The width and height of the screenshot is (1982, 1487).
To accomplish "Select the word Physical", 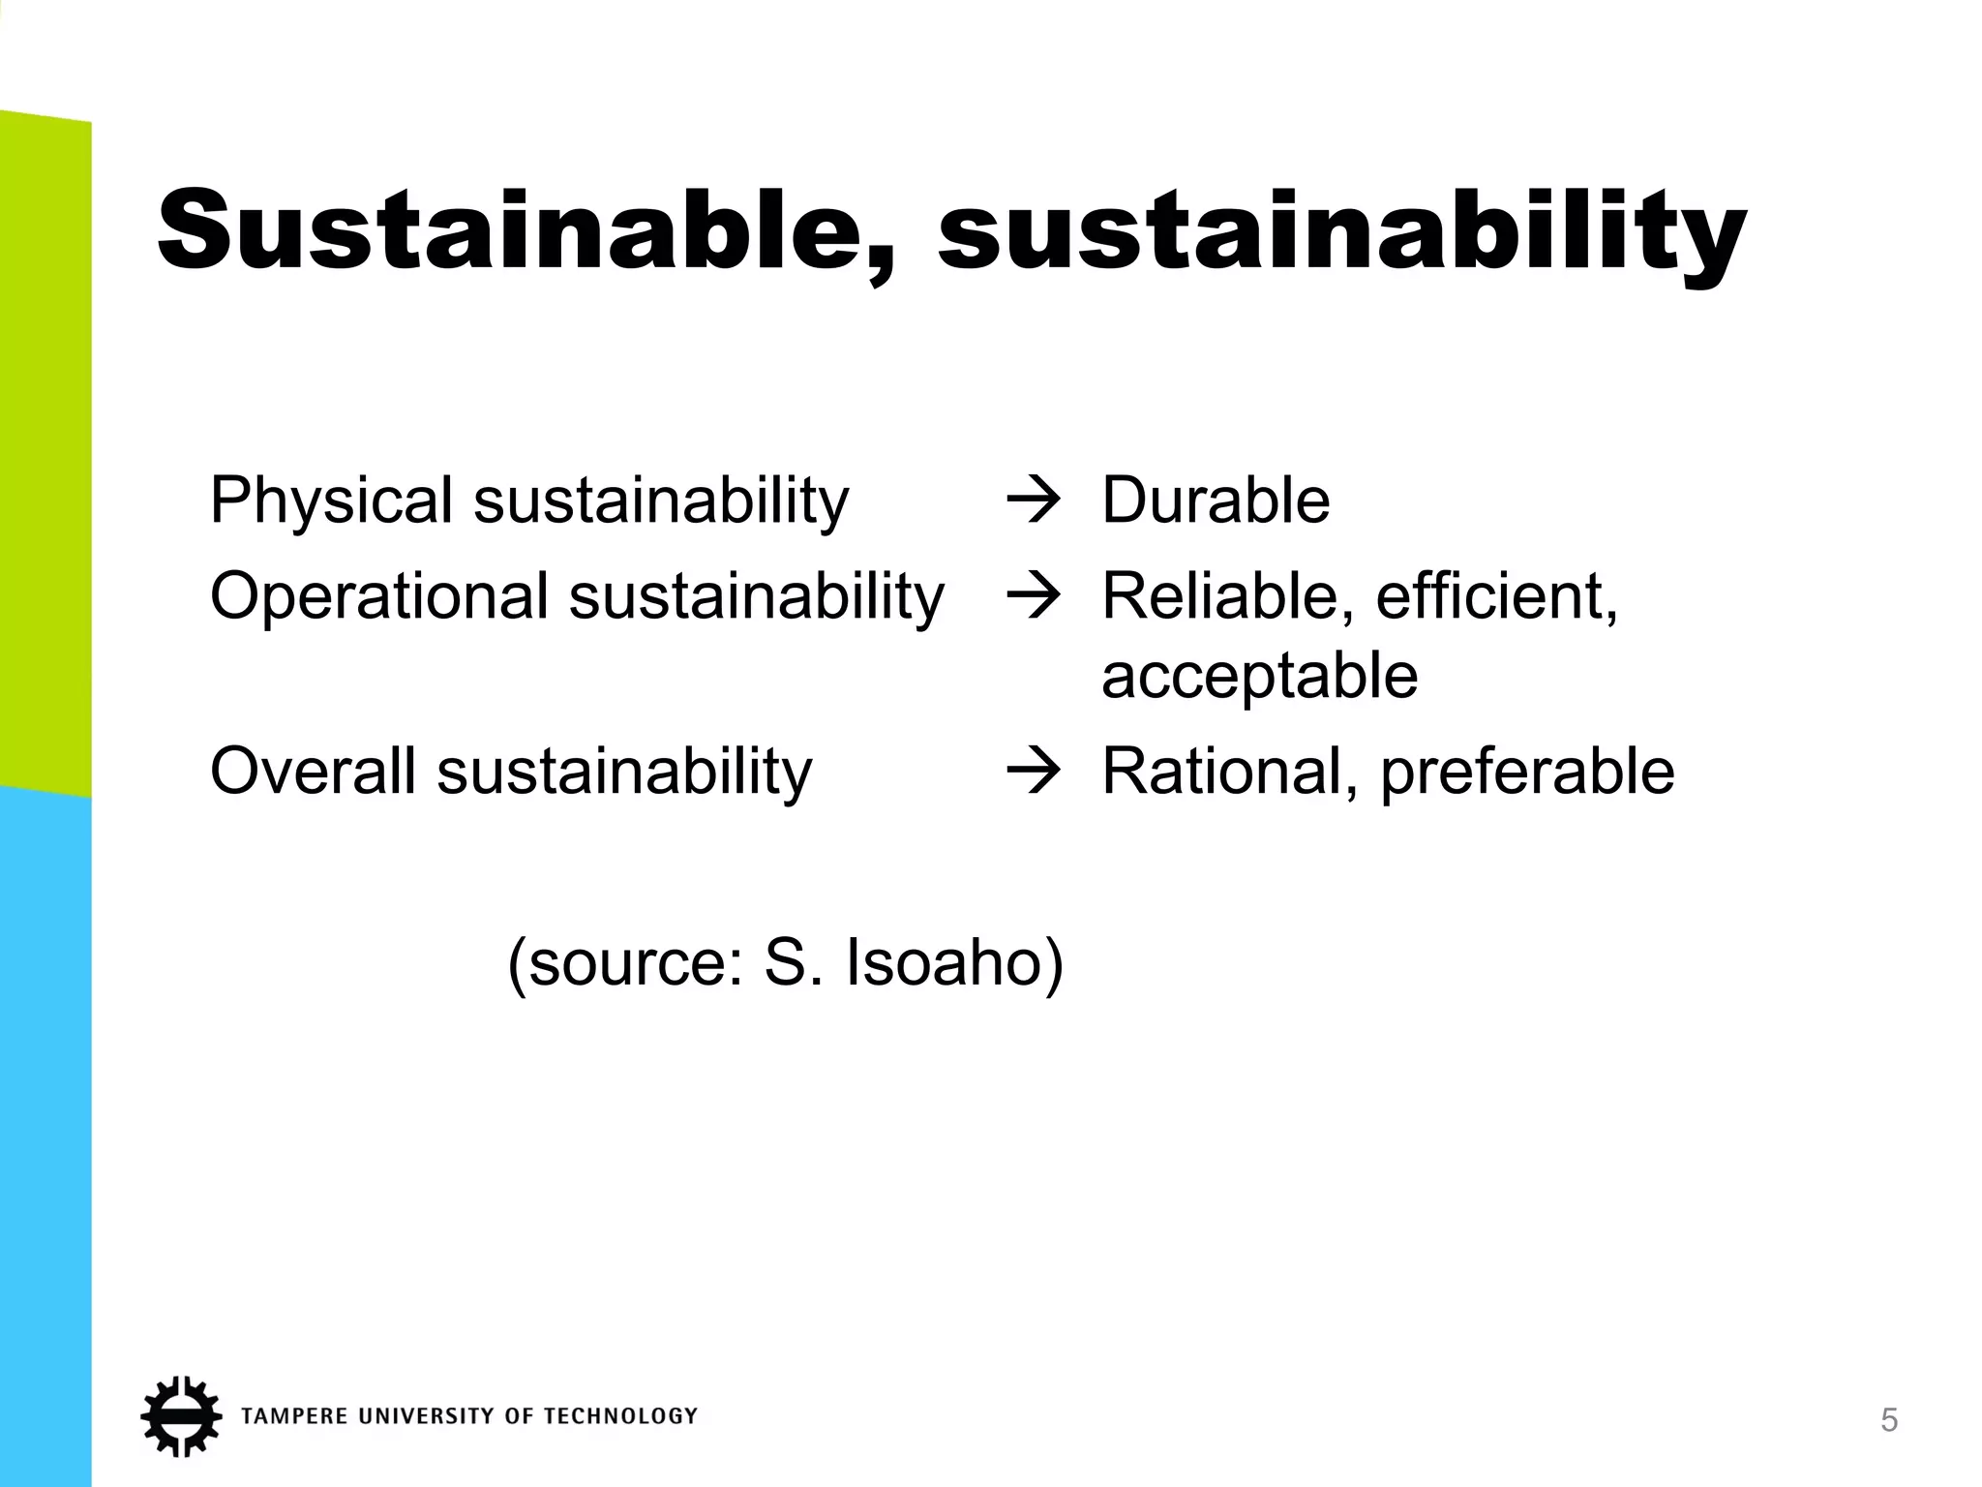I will [331, 501].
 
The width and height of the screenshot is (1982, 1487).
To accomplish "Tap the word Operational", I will [379, 596].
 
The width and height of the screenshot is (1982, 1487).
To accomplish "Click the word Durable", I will [1216, 501].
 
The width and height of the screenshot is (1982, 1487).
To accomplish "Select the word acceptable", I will [1259, 676].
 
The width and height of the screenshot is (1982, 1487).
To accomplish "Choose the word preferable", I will [1527, 774].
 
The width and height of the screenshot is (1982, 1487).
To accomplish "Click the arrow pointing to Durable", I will [1034, 502].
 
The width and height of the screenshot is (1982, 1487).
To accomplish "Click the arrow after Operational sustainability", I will [1034, 597].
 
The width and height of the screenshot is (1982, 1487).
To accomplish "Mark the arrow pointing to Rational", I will [1034, 773].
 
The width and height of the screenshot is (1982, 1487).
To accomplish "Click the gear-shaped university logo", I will [180, 1415].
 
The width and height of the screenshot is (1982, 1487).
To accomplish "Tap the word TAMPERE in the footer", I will [294, 1416].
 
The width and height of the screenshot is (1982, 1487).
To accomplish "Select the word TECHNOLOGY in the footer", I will [619, 1416].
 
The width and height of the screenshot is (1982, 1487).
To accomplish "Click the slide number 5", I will [1888, 1421].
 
